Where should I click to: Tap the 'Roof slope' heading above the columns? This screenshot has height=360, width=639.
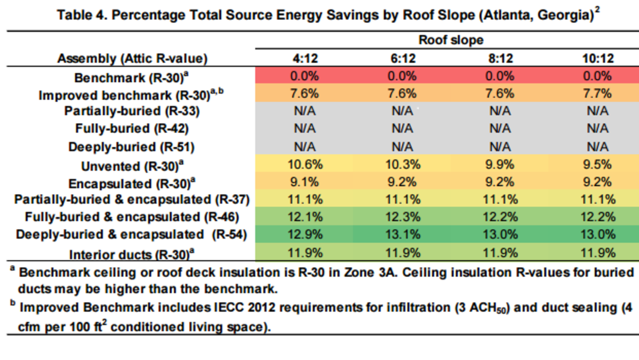[x=451, y=40]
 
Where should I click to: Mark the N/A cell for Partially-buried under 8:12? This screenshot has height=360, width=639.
[x=499, y=111]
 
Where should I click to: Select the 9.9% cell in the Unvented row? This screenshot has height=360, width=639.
[x=499, y=165]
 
